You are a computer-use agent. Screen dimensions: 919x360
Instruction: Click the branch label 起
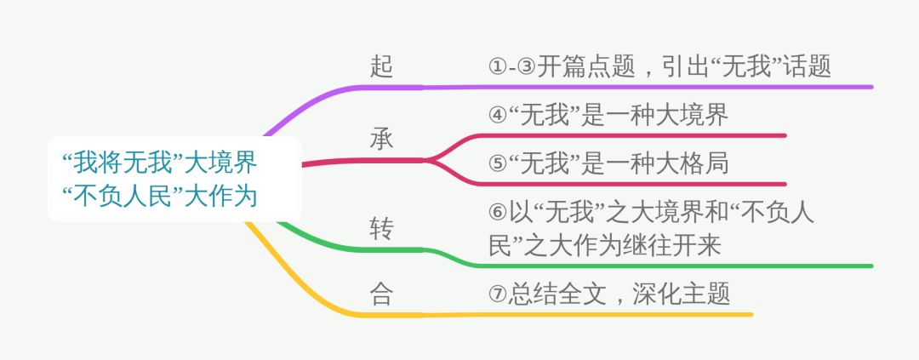[382, 66]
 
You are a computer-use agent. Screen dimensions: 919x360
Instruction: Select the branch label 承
[382, 139]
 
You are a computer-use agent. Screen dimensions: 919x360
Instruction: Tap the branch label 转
[382, 228]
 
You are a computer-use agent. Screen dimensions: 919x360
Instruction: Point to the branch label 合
[382, 294]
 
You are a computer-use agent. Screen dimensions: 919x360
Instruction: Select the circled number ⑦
[499, 294]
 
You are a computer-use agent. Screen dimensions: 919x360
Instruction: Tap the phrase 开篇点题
[586, 66]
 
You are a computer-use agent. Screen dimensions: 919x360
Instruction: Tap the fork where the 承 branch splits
[428, 159]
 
